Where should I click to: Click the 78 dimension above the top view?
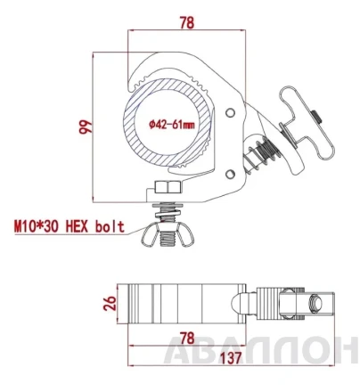(187, 22)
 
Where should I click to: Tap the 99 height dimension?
(86, 127)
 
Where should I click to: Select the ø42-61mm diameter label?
(172, 125)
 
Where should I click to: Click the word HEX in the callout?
(77, 227)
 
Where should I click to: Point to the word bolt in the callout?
(110, 227)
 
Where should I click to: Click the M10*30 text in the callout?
(37, 227)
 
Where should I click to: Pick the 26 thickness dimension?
(110, 303)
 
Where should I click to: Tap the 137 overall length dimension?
(231, 357)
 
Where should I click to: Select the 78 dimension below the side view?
(187, 338)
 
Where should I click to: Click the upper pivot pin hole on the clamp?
(229, 113)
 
